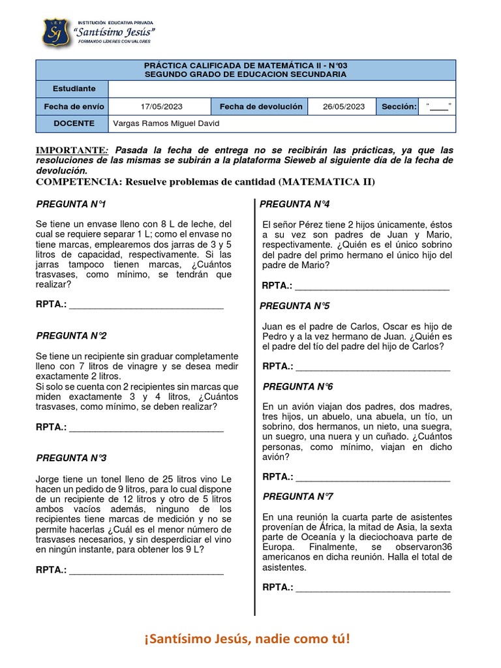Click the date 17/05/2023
pyautogui.click(x=159, y=106)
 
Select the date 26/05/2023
pyautogui.click(x=341, y=106)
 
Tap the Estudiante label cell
pyautogui.click(x=72, y=89)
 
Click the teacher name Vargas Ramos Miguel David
pyautogui.click(x=166, y=123)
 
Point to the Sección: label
pyautogui.click(x=399, y=106)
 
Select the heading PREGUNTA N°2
pyautogui.click(x=71, y=335)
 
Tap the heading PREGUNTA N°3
pyautogui.click(x=71, y=458)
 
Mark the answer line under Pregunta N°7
pyautogui.click(x=372, y=588)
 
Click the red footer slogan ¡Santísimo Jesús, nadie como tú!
pyautogui.click(x=247, y=639)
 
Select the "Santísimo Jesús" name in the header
pyautogui.click(x=115, y=31)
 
